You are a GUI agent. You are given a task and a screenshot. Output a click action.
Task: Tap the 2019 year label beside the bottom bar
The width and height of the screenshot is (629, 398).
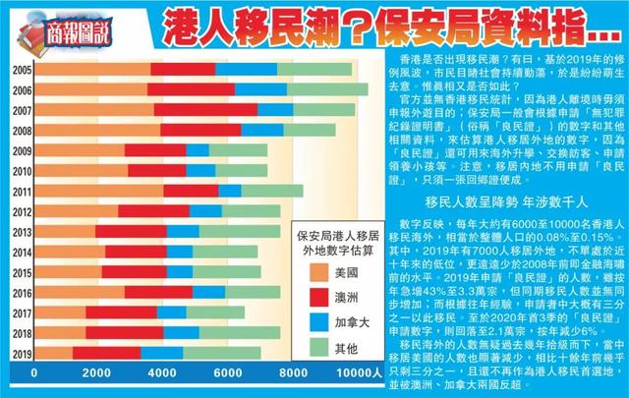(19, 353)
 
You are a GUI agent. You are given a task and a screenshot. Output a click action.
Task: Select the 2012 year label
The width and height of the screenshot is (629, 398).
(19, 210)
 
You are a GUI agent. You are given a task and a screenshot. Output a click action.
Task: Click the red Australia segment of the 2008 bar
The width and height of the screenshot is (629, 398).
(200, 130)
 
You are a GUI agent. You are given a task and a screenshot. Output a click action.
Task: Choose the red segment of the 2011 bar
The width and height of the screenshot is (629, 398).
(191, 191)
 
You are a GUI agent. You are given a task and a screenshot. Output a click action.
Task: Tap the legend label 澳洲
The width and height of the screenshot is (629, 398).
(360, 298)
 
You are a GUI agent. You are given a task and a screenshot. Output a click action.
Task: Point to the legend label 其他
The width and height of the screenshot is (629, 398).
(360, 349)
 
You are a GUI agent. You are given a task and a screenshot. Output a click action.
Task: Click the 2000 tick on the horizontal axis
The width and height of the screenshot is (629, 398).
(96, 374)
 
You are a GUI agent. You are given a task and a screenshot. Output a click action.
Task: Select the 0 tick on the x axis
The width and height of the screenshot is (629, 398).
(34, 374)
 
